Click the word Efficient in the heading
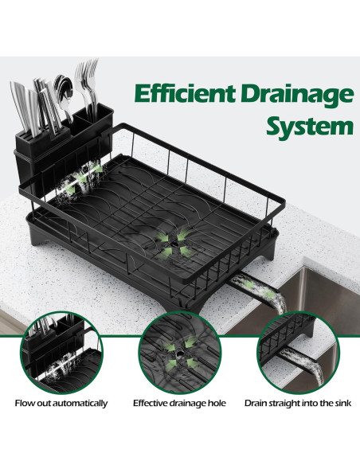click(185, 93)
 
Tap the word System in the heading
click(310, 127)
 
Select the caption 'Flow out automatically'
click(61, 404)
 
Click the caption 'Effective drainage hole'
click(179, 404)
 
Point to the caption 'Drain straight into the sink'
click(298, 404)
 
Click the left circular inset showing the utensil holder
click(61, 353)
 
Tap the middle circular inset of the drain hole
click(180, 353)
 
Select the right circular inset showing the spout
click(298, 353)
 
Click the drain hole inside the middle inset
click(180, 354)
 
